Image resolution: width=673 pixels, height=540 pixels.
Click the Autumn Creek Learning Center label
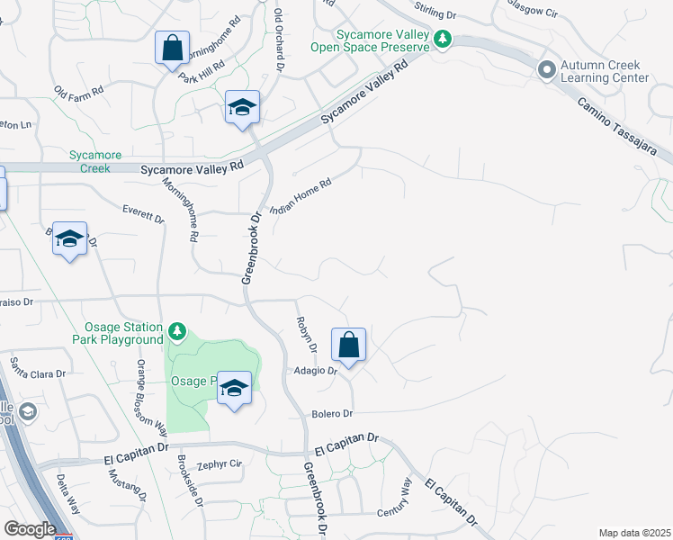click(604, 72)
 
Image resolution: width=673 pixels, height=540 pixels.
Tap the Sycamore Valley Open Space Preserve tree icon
click(443, 39)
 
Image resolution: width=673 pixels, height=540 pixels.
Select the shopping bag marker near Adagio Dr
click(348, 346)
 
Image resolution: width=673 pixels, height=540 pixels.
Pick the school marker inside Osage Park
click(234, 388)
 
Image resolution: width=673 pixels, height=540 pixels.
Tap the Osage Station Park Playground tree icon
click(178, 333)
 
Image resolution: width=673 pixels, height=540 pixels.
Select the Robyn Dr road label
click(306, 334)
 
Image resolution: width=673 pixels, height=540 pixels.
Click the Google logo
click(30, 529)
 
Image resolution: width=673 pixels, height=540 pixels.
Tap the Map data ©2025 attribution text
click(634, 533)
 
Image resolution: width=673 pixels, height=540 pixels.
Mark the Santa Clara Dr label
click(38, 369)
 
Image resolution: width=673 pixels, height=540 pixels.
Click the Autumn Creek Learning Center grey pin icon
click(545, 70)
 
